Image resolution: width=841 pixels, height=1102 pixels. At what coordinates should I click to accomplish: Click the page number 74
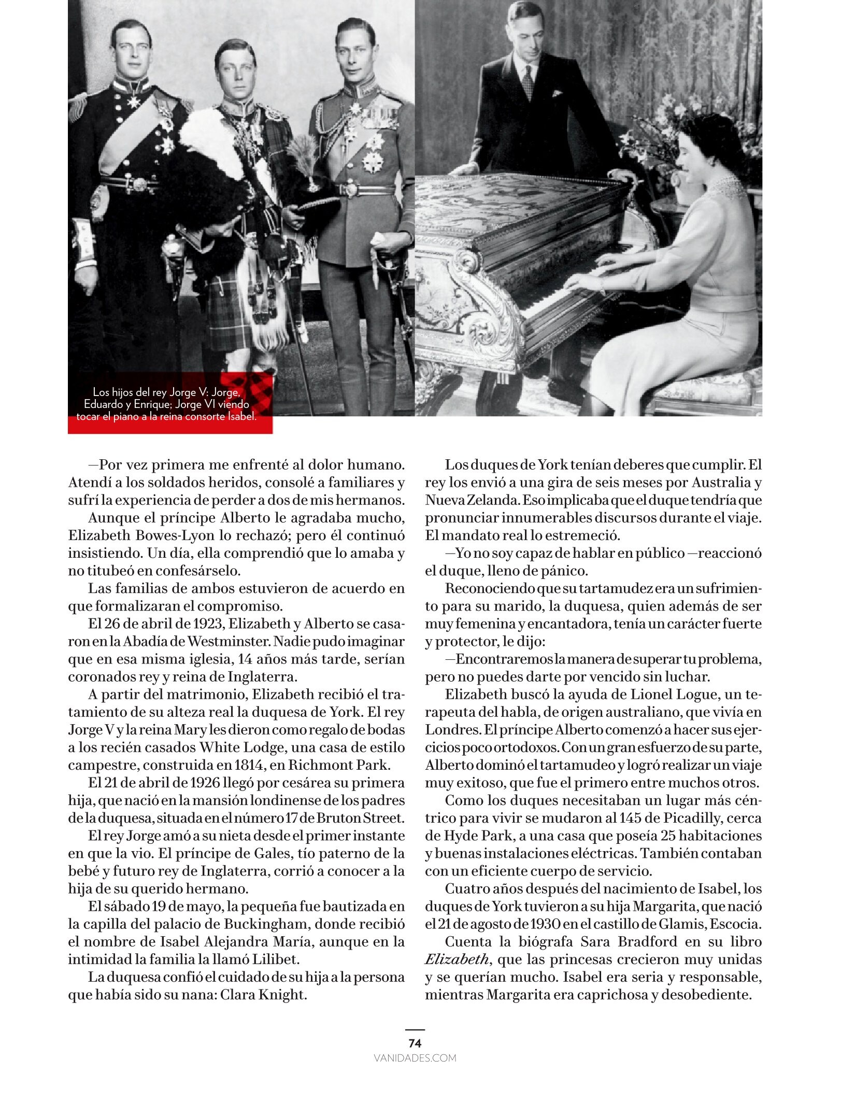pyautogui.click(x=415, y=1042)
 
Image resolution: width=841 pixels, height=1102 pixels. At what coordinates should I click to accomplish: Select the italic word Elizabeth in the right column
pyautogui.click(x=457, y=959)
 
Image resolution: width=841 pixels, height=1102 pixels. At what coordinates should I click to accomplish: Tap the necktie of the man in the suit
pyautogui.click(x=528, y=82)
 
